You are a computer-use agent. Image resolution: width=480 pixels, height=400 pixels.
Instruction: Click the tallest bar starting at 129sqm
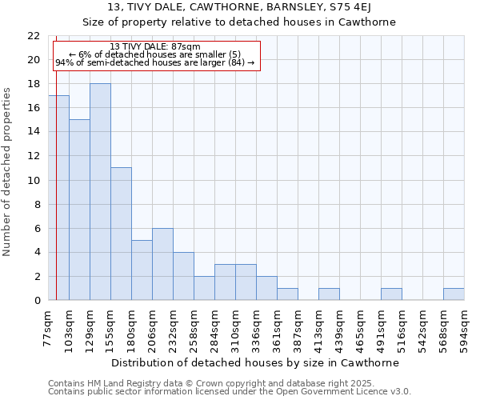coord(100,192)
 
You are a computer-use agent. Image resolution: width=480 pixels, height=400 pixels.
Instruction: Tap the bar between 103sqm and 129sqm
coord(79,210)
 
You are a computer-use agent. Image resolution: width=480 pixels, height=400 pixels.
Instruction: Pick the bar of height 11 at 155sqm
coord(121,234)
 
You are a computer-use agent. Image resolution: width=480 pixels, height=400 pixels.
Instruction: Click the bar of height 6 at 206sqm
coord(162,264)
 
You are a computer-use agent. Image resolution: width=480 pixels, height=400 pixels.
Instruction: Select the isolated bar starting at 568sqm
coord(454,294)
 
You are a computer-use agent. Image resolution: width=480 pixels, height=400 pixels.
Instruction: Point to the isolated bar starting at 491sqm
coord(391,294)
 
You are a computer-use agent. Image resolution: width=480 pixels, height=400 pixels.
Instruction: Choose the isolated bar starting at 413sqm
coord(329,294)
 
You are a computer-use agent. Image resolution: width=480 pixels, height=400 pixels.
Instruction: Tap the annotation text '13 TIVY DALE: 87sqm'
coord(155,47)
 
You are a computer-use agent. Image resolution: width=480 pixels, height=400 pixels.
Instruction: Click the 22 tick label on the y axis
coord(34,36)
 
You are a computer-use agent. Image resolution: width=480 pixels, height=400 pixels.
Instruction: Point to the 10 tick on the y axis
coord(34,181)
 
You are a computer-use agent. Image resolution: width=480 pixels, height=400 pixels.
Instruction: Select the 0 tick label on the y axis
coord(37,301)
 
